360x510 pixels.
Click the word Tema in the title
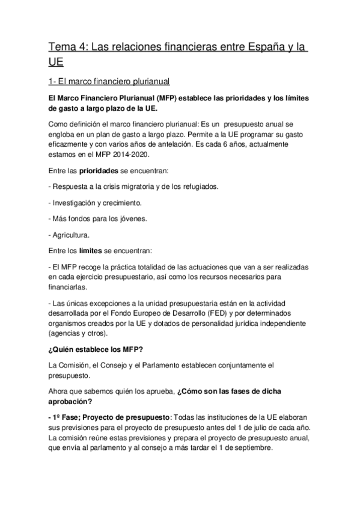pos(61,48)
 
